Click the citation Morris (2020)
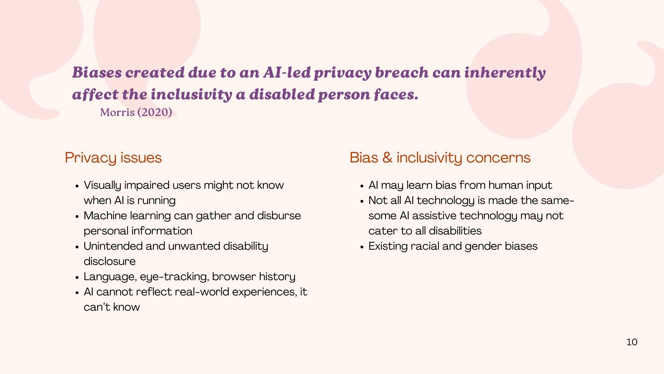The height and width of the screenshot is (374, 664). [x=136, y=112]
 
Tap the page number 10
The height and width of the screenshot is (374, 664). [x=631, y=342]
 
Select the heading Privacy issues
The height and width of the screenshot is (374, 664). [x=113, y=158]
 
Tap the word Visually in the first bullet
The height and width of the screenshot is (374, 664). [x=102, y=185]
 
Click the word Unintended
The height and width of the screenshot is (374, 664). [x=113, y=246]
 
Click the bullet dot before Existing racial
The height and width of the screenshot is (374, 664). [x=362, y=247]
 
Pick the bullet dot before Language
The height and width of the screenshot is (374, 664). [x=77, y=277]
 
